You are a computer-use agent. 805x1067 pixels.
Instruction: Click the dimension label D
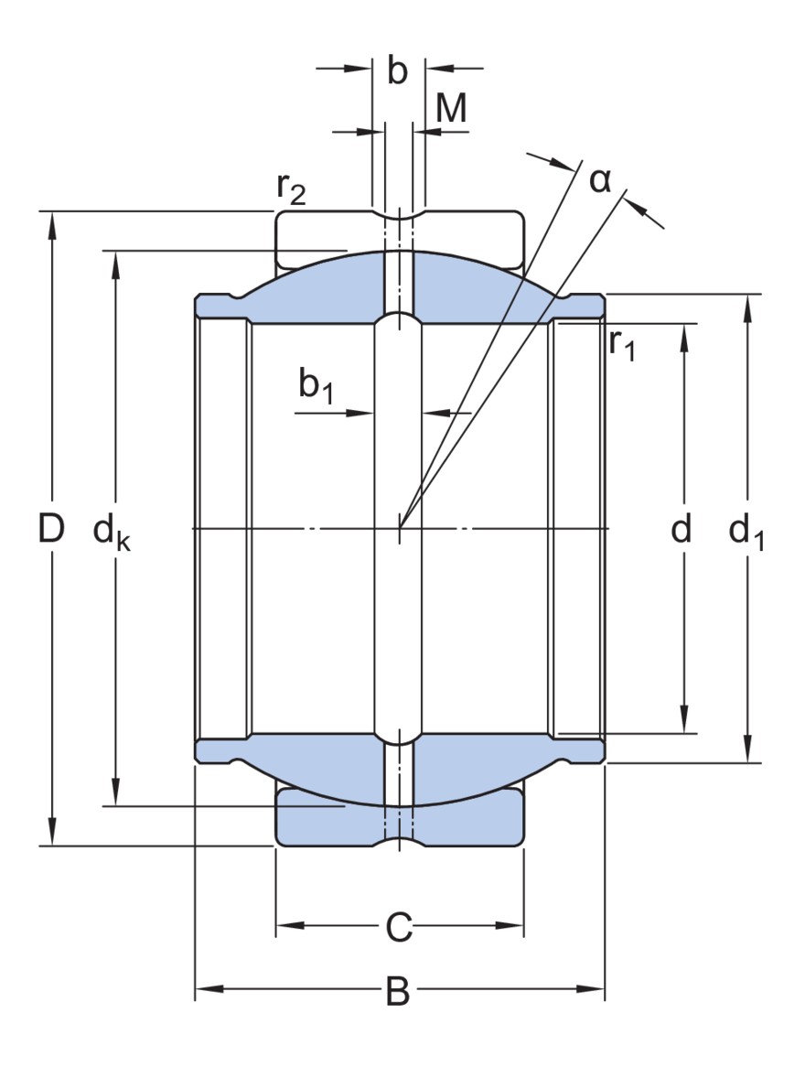(x=52, y=529)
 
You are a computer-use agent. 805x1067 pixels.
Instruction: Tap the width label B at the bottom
(x=398, y=991)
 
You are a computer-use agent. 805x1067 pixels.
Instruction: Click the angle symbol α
(x=599, y=180)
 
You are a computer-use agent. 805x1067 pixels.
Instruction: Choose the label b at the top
(x=397, y=72)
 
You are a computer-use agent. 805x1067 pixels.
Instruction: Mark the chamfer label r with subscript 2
(x=291, y=189)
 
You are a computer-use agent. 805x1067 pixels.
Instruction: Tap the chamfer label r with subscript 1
(x=621, y=345)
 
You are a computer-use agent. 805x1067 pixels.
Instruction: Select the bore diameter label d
(x=680, y=529)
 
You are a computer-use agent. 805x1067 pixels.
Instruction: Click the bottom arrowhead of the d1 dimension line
(x=748, y=753)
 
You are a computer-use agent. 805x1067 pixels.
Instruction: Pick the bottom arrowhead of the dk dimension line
(x=115, y=796)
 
